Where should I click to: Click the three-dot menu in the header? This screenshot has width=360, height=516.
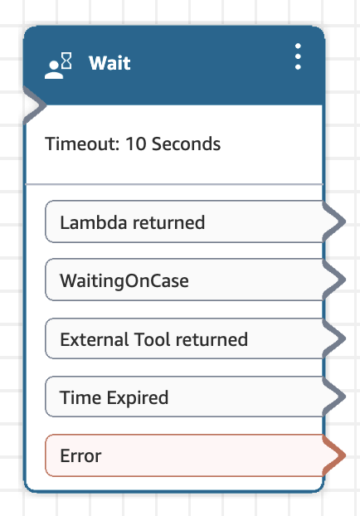click(298, 56)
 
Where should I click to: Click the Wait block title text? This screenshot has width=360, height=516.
click(109, 63)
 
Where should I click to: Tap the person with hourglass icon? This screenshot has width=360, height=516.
click(58, 66)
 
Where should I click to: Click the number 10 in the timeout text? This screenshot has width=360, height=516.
click(135, 144)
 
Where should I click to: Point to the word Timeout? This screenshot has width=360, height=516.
click(82, 144)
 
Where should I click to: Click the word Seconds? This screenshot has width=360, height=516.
click(186, 144)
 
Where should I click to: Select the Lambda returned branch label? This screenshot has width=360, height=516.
click(132, 222)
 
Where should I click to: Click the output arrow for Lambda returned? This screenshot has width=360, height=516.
click(333, 221)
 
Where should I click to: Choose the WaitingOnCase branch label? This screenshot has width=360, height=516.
click(124, 281)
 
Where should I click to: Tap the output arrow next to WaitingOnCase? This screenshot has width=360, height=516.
click(333, 280)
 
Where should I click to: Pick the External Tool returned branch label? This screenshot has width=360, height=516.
click(154, 339)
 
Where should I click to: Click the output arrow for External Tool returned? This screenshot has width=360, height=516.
click(333, 338)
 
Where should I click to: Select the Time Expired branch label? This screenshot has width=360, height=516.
click(114, 397)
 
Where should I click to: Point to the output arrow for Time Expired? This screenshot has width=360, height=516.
click(333, 397)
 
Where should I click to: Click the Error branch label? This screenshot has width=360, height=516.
click(80, 456)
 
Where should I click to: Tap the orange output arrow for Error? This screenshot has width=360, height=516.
click(333, 455)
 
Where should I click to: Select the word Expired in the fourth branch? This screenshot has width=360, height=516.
click(137, 397)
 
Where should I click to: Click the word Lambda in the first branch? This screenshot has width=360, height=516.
click(94, 222)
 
